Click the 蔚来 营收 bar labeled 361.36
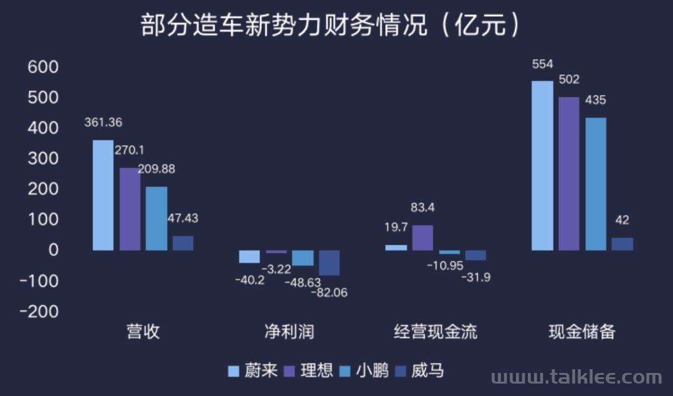[x=103, y=195]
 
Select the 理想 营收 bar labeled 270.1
[x=130, y=209]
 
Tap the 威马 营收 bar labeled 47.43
[x=183, y=243]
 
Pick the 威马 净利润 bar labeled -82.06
[x=329, y=263]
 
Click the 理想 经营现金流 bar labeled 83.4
[x=422, y=238]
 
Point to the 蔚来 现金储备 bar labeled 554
[x=542, y=166]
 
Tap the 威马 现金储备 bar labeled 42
[x=622, y=244]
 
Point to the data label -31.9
[x=475, y=278]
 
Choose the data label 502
[x=569, y=80]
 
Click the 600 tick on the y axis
[x=43, y=67]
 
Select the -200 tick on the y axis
[x=39, y=311]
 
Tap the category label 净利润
[x=289, y=332]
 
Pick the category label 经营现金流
[x=436, y=332]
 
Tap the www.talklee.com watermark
[x=576, y=377]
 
